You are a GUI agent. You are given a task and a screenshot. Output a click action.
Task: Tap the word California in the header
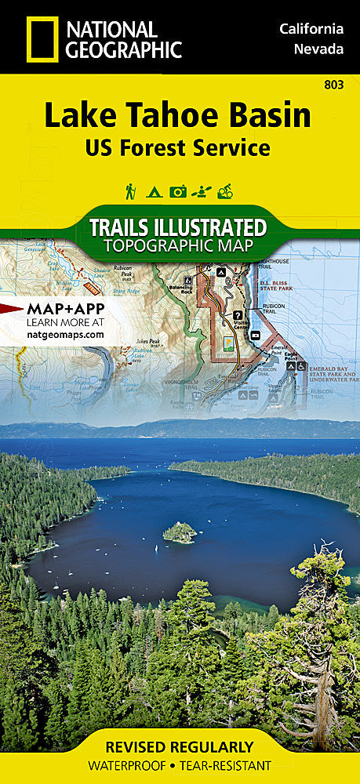pyautogui.click(x=311, y=29)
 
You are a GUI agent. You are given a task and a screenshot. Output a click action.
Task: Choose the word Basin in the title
pyautogui.click(x=269, y=116)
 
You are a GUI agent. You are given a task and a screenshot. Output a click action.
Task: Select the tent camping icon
pyautogui.click(x=154, y=191)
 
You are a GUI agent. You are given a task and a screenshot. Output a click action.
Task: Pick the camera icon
pyautogui.click(x=178, y=191)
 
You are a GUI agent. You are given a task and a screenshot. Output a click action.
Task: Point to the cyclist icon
pyautogui.click(x=225, y=191)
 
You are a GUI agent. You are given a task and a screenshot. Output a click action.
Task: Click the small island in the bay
pyautogui.click(x=180, y=532)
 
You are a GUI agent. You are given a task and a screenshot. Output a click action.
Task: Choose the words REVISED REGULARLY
pyautogui.click(x=180, y=746)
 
